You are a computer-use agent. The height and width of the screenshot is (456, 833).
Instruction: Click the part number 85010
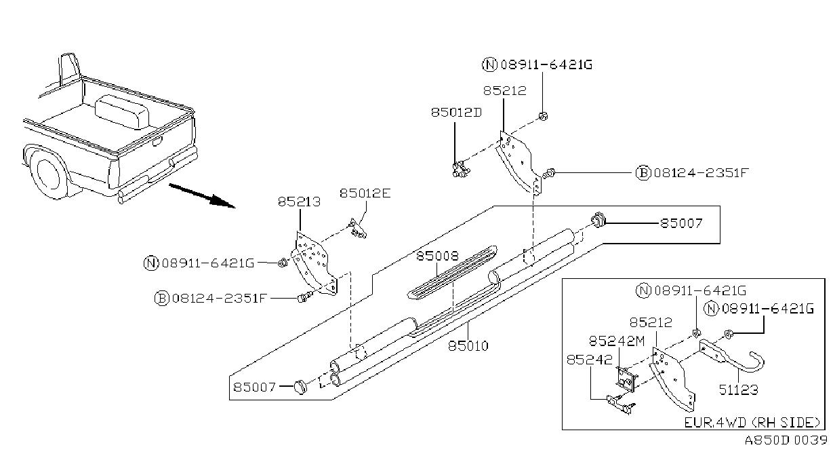pyautogui.click(x=468, y=346)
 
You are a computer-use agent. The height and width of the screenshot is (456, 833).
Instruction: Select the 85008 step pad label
pyautogui.click(x=437, y=256)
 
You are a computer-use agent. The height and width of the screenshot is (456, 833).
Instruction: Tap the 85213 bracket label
pyautogui.click(x=299, y=202)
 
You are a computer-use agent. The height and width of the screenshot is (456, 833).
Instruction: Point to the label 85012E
pyautogui.click(x=365, y=193)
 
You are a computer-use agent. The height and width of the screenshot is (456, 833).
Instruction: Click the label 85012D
pyautogui.click(x=456, y=112)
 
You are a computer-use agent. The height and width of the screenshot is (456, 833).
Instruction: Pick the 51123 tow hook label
pyautogui.click(x=738, y=389)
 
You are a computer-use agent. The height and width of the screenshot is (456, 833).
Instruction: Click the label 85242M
pyautogui.click(x=617, y=341)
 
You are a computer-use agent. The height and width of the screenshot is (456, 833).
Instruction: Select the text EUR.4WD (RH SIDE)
pyautogui.click(x=752, y=422)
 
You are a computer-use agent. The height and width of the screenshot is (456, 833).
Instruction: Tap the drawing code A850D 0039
pyautogui.click(x=786, y=440)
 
